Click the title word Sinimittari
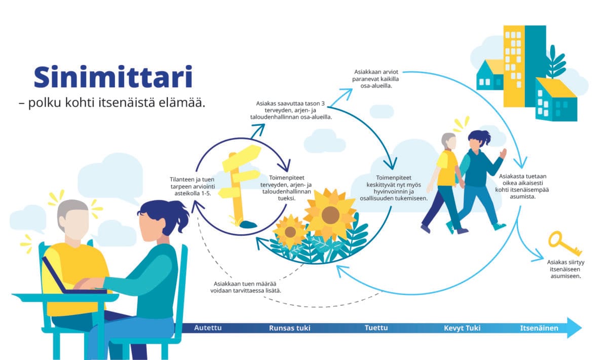point(113,77)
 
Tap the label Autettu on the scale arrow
point(208,328)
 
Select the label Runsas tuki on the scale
point(290,328)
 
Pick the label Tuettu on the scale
point(376,328)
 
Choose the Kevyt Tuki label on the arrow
point(462,328)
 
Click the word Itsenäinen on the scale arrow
point(539,328)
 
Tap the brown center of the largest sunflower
point(330,214)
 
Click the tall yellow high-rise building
point(514,66)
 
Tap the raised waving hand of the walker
point(503,154)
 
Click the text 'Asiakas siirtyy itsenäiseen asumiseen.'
point(565,269)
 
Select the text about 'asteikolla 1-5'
point(193,187)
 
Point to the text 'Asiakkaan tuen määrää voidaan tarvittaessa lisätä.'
point(246,287)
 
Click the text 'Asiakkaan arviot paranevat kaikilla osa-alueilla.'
point(375,79)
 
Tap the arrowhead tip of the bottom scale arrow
point(582,328)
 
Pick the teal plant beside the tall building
point(555,62)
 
